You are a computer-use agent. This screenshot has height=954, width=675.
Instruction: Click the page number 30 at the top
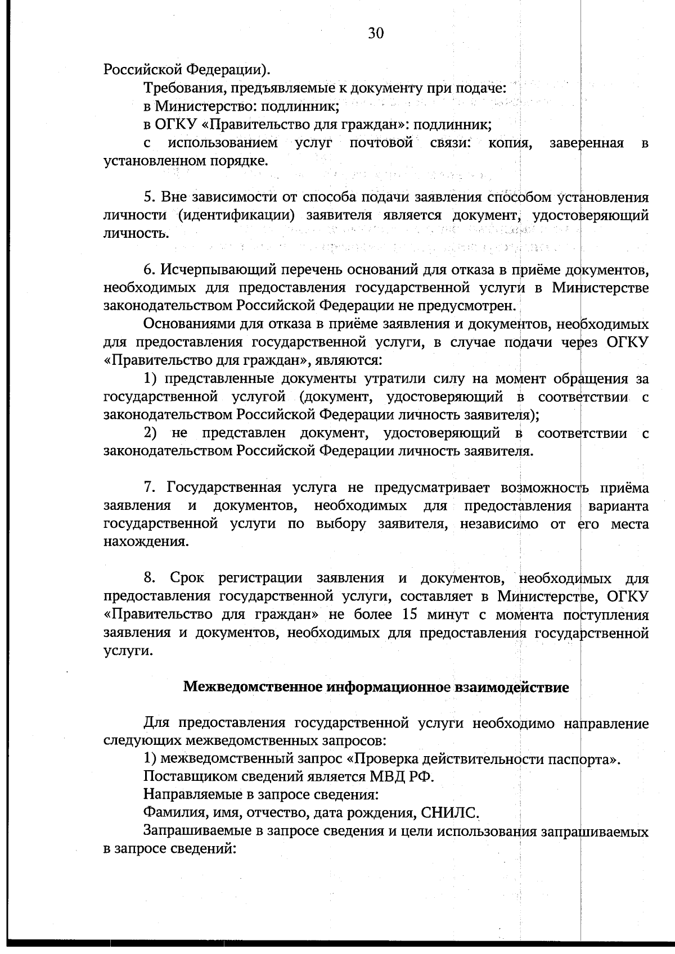[376, 34]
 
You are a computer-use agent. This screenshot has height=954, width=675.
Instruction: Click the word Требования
[179, 88]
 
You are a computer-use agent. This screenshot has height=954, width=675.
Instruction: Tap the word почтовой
[381, 143]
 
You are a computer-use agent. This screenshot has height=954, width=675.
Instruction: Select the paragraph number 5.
[148, 197]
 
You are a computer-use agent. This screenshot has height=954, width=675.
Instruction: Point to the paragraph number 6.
[148, 270]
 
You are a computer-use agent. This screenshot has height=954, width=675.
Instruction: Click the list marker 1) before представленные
[150, 379]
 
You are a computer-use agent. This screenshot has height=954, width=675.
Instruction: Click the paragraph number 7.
[148, 487]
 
